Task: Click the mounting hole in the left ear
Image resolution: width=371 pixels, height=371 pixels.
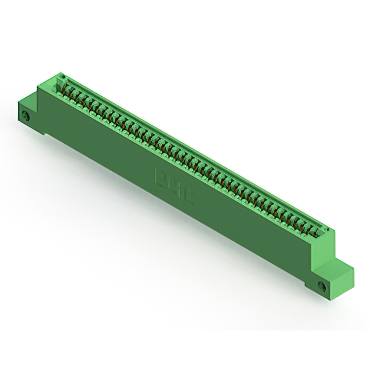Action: click(x=26, y=118)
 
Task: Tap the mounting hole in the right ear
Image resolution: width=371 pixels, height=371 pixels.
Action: click(x=322, y=285)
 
